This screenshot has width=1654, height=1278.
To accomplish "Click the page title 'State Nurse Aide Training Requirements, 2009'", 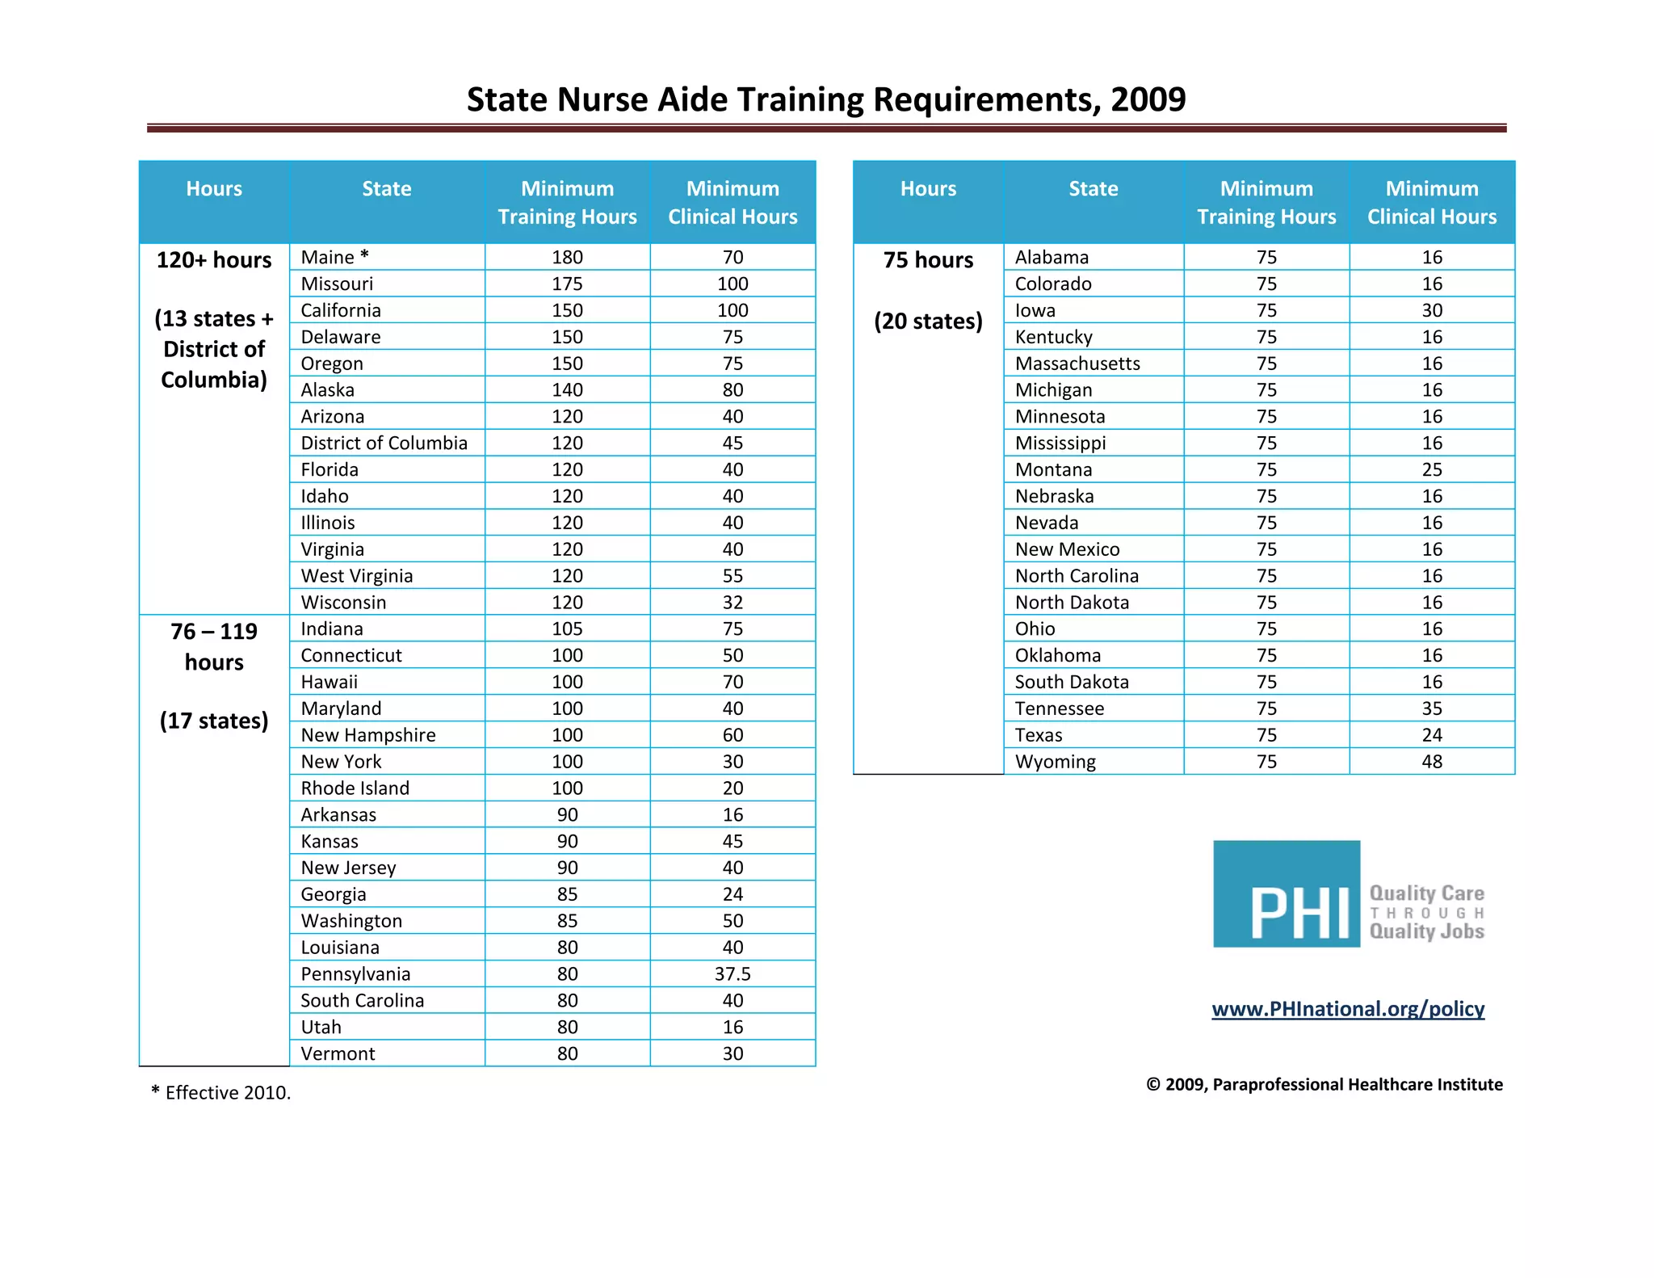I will (x=826, y=99).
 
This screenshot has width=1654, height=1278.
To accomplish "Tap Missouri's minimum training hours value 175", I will (x=567, y=284).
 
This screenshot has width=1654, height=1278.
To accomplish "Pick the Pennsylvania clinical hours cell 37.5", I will (x=732, y=973).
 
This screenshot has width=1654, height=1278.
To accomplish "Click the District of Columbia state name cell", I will (x=384, y=443).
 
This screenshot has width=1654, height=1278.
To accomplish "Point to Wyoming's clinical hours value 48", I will (x=1431, y=761).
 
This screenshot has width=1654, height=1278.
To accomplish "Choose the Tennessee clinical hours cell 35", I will (x=1431, y=708).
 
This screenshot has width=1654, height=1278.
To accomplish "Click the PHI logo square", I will (x=1286, y=893).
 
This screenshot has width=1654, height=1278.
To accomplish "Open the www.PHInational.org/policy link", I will (x=1348, y=1008).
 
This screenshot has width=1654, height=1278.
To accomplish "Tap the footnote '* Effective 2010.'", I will (x=220, y=1092).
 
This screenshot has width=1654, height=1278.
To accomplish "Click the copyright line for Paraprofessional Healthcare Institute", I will (x=1324, y=1084).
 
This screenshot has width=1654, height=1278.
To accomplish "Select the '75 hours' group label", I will (x=928, y=260).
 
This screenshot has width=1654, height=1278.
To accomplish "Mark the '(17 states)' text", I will (x=214, y=720).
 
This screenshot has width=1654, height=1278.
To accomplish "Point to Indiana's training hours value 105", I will (x=567, y=628).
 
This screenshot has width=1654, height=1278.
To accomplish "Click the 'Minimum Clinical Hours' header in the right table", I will (x=1431, y=202).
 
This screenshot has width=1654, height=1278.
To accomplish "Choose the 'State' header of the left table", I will (x=386, y=189).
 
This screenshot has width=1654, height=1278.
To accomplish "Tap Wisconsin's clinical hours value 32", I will (x=732, y=602).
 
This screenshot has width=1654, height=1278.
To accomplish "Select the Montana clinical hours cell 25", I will (x=1431, y=469).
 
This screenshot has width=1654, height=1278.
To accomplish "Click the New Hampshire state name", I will (x=367, y=735).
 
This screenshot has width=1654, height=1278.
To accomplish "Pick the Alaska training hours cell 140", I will (x=567, y=390).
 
